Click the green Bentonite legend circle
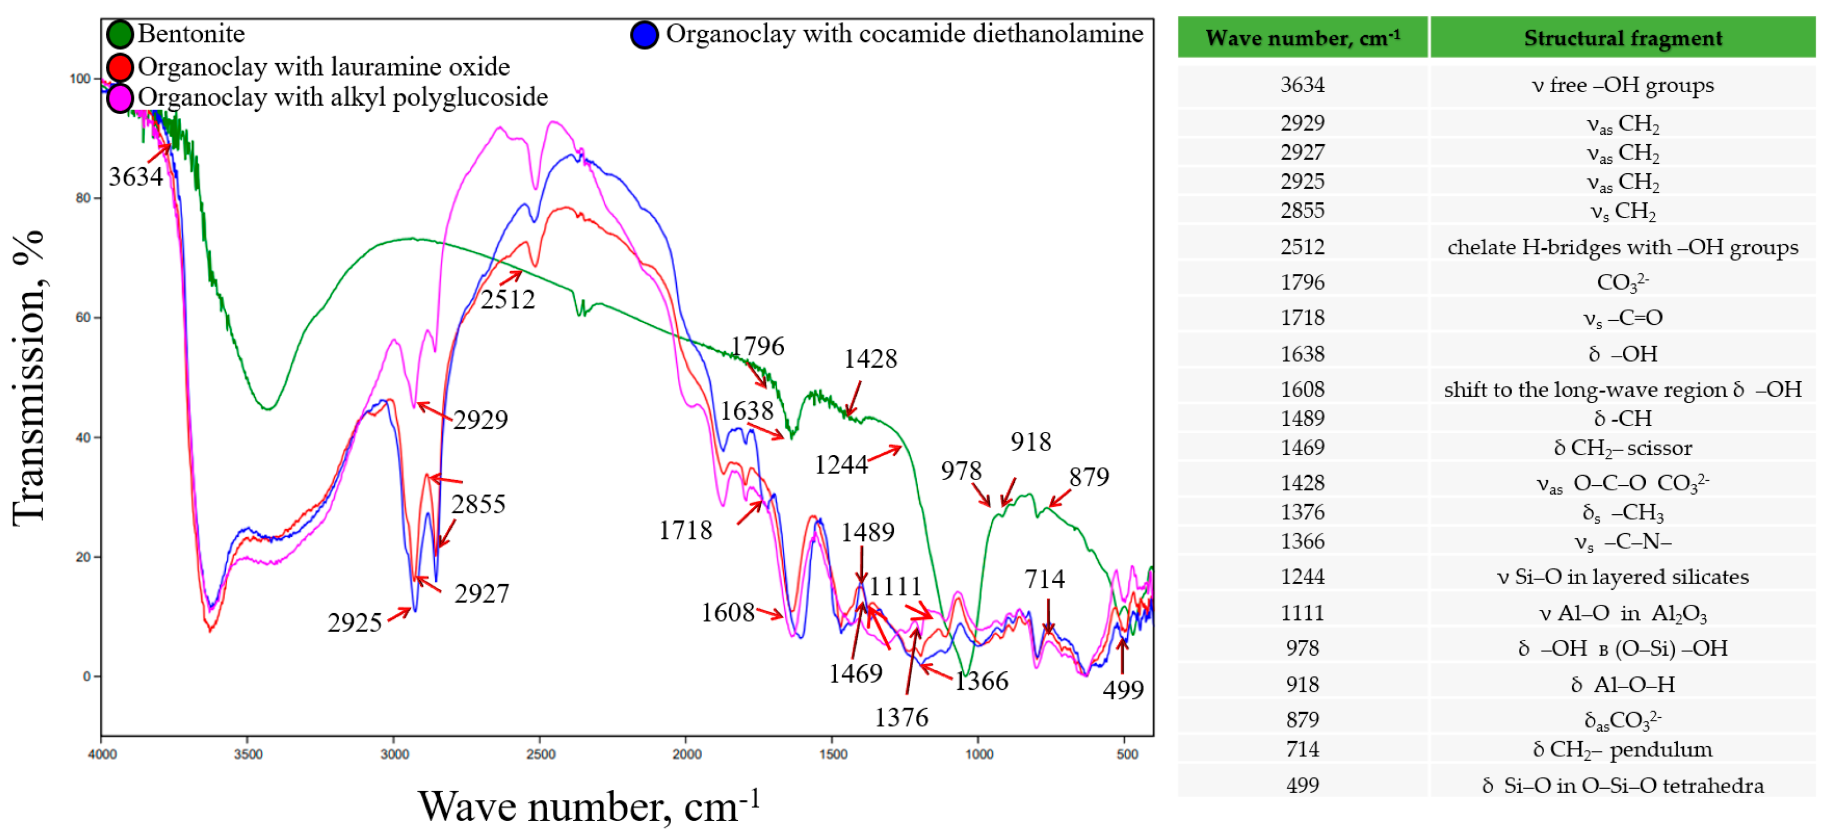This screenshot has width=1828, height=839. click(120, 34)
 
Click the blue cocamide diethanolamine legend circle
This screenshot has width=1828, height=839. click(644, 35)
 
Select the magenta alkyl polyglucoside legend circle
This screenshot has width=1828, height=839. click(120, 98)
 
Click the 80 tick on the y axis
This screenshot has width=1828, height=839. click(83, 198)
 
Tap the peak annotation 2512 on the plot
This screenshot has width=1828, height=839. click(507, 300)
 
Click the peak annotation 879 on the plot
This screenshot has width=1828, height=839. click(1089, 477)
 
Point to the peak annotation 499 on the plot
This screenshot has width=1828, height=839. click(1123, 690)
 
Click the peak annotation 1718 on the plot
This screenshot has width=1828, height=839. click(685, 530)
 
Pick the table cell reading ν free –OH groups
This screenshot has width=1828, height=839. click(1622, 85)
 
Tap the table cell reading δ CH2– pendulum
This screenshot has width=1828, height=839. click(1622, 750)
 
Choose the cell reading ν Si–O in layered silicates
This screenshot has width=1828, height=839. click(1622, 576)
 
